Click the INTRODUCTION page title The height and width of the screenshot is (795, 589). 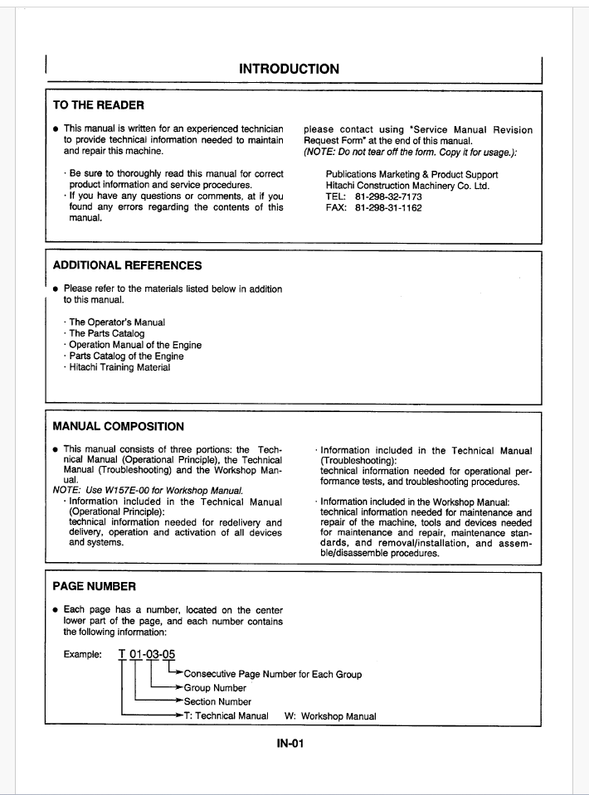coord(289,70)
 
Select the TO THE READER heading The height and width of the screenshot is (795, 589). coord(99,105)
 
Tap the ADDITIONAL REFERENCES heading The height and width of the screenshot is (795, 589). coord(127,266)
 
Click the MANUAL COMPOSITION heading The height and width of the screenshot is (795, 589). coord(119,427)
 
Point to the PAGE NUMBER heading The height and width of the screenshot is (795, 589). coord(95,586)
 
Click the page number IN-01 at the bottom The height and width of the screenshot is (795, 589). coord(290,744)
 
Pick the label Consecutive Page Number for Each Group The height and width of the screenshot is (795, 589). coord(272,674)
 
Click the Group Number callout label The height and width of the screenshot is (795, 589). coord(215,688)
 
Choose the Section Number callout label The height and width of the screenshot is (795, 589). coord(217,702)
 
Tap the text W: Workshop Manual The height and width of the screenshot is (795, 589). coord(330,716)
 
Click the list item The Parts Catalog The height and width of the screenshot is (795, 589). coord(107,333)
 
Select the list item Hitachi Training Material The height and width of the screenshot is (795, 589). coord(119,367)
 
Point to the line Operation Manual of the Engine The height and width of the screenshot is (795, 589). coord(135,345)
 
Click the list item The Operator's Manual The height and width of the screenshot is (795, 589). coord(117,322)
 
